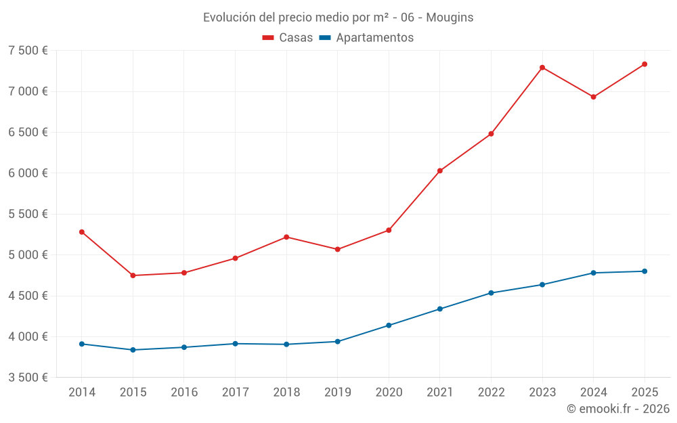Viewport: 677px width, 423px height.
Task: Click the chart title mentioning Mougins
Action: (x=338, y=18)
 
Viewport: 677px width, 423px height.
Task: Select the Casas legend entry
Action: (x=288, y=38)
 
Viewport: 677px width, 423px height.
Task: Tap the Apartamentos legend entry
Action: (x=366, y=38)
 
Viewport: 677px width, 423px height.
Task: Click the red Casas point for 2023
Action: (x=542, y=68)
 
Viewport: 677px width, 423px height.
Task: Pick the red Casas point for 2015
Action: (x=133, y=275)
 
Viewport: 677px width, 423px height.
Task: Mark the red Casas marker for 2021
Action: (x=440, y=171)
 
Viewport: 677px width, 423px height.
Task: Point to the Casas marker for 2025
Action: (x=645, y=64)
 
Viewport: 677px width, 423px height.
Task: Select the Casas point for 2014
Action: (x=82, y=232)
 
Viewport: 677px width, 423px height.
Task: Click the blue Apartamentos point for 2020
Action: (x=389, y=326)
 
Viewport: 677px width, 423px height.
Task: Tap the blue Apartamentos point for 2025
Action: (x=645, y=271)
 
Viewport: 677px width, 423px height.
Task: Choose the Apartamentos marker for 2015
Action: (x=133, y=350)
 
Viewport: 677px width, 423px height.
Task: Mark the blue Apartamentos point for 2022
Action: (x=491, y=293)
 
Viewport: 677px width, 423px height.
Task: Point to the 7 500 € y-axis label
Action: (x=28, y=51)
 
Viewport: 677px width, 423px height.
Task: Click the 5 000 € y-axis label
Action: (x=28, y=255)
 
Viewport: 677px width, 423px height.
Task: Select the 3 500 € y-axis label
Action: (x=28, y=378)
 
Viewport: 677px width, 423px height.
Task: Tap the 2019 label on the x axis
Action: (x=337, y=393)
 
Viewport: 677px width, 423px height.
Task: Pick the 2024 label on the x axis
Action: (x=593, y=393)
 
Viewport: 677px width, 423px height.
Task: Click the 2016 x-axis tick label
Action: (x=184, y=393)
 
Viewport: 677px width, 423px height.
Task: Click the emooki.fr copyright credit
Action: (x=617, y=409)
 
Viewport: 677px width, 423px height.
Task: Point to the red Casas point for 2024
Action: (x=593, y=97)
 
